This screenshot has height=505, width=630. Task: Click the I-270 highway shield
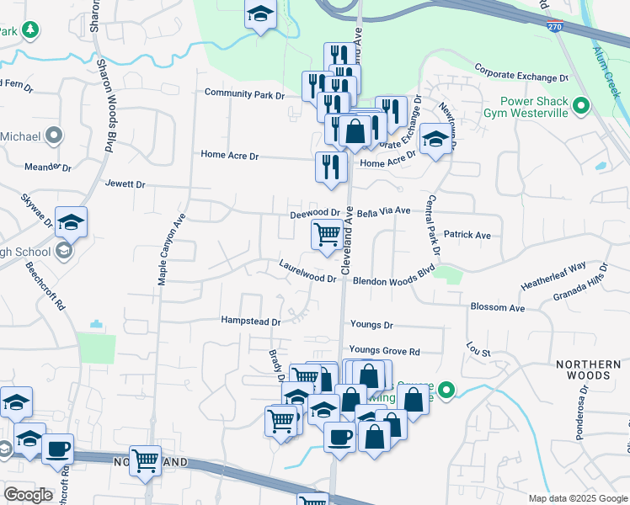[554, 27]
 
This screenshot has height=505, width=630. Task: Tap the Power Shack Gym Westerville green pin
[580, 106]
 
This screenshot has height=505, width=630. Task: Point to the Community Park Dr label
[244, 94]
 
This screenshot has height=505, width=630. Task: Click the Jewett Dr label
[125, 183]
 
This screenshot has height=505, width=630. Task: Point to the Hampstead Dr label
[250, 321]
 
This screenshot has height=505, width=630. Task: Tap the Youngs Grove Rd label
[384, 350]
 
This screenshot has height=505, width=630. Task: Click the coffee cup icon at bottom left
[57, 449]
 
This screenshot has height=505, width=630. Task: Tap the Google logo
[29, 495]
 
